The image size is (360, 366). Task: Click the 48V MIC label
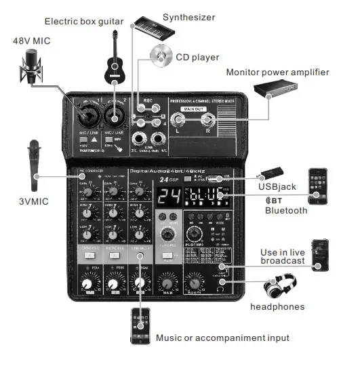(x=32, y=41)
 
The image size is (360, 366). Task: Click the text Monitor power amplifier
(x=277, y=73)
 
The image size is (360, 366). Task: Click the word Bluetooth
(x=286, y=210)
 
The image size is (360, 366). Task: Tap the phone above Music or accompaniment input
(x=142, y=327)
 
